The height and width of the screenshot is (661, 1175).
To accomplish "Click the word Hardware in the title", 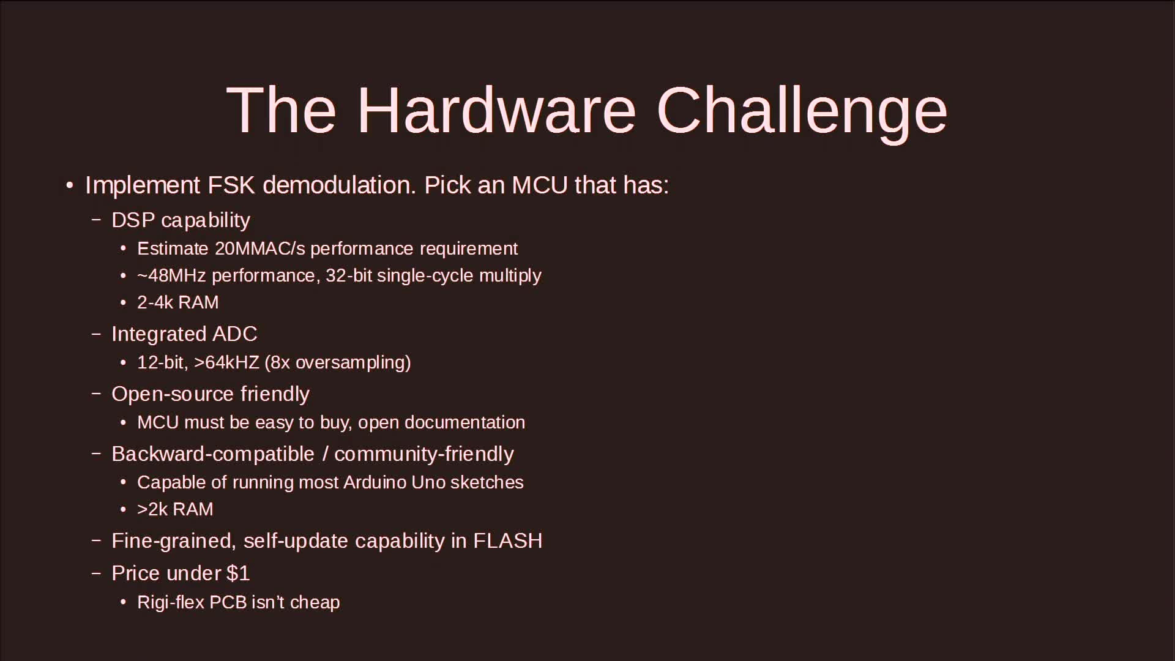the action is tap(497, 110).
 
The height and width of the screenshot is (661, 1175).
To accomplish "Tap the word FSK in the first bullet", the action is tap(231, 185).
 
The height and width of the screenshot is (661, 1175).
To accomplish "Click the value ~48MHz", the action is tap(171, 275).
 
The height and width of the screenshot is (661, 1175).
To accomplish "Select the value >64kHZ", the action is tap(226, 362).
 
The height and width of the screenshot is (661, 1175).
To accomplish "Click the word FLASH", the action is tap(508, 541).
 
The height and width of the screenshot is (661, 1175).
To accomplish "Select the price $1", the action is tap(238, 573).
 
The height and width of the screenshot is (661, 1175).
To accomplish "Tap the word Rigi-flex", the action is tap(171, 603).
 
